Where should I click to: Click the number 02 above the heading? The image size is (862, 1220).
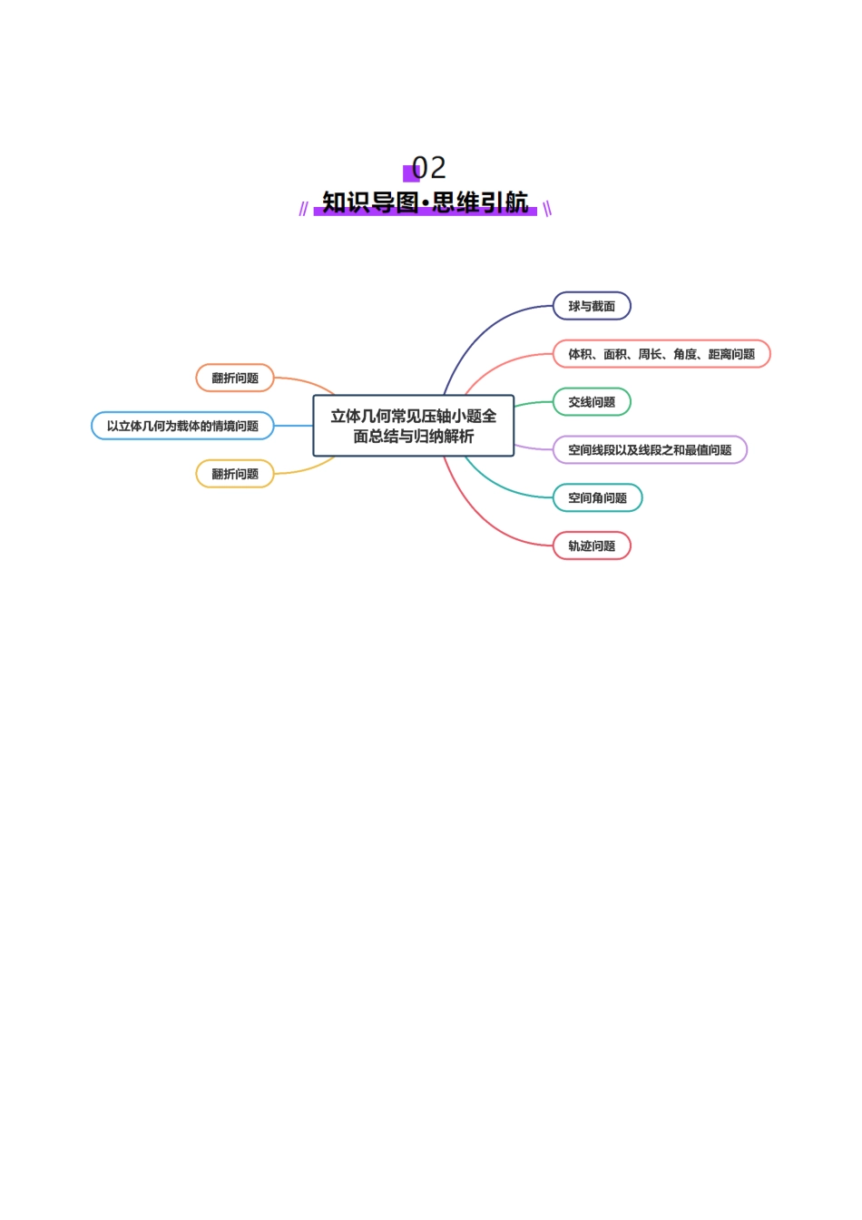click(428, 168)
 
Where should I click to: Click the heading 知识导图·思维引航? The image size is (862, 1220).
click(425, 202)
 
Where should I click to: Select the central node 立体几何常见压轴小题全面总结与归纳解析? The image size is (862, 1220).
click(414, 426)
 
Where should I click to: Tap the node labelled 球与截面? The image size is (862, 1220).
click(592, 306)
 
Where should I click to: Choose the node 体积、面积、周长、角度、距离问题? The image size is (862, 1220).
click(661, 354)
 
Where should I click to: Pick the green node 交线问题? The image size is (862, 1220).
click(592, 402)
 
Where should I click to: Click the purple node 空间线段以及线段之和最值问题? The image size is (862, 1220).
click(650, 450)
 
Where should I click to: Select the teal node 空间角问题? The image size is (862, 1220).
click(597, 498)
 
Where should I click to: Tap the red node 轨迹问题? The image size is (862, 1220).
click(592, 546)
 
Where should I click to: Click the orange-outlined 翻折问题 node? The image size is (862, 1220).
click(235, 378)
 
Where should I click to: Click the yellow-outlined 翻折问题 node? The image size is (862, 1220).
click(235, 474)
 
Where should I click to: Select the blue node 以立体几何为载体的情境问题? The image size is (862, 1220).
click(182, 426)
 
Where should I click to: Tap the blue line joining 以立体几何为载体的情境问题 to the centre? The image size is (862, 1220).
click(293, 426)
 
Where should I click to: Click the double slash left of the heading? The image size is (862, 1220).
click(303, 209)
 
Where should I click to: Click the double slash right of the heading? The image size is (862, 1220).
click(547, 209)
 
